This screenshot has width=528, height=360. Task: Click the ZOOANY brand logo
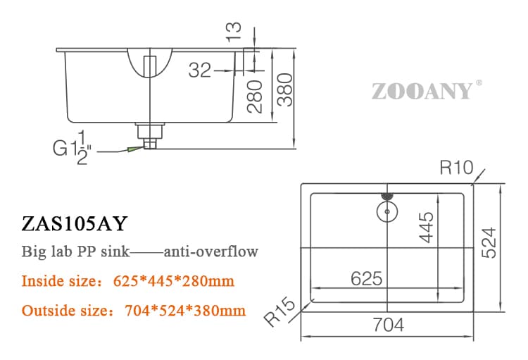click(421, 91)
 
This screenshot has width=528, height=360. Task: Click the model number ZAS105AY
click(75, 223)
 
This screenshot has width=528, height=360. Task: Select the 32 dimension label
click(200, 70)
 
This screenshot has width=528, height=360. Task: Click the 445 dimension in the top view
click(425, 227)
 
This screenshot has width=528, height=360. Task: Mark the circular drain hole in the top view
click(386, 209)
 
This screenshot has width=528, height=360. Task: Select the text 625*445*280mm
click(173, 282)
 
